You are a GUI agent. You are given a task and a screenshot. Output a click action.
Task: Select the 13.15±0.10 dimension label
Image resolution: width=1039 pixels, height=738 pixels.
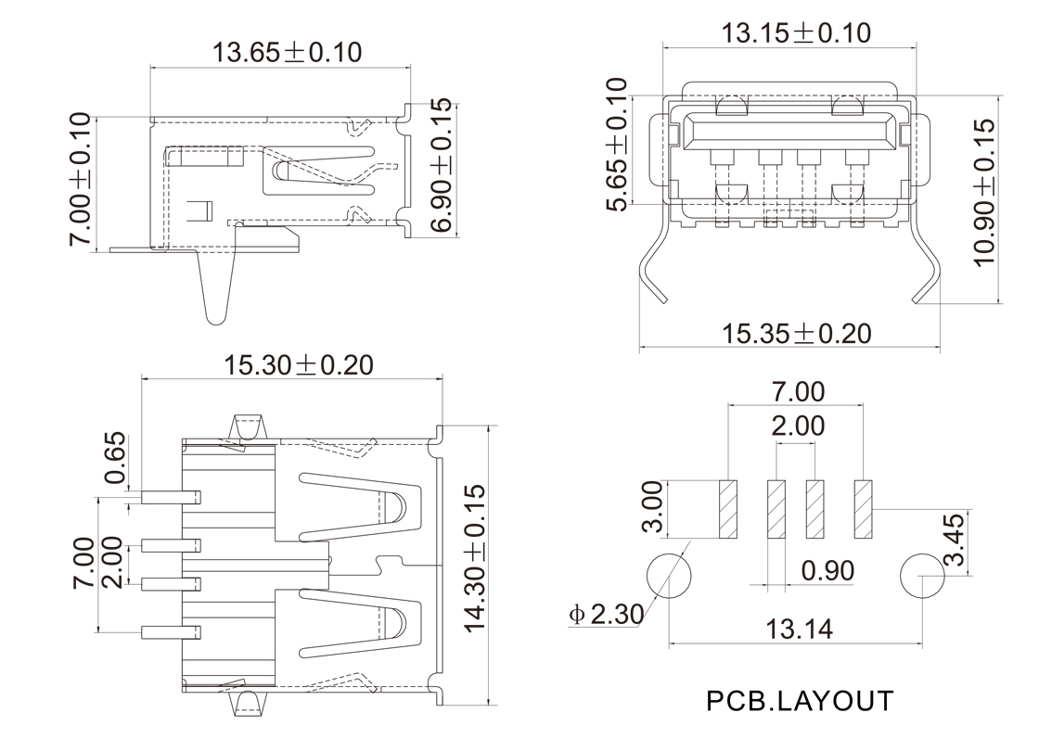[x=796, y=33]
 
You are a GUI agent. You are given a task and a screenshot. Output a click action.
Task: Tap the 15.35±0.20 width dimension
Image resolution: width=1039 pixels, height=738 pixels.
[x=796, y=333]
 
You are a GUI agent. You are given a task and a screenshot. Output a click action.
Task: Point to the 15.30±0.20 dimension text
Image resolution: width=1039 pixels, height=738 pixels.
[x=299, y=364]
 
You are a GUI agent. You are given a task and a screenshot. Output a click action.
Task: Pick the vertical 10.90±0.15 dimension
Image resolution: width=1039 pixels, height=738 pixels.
[x=984, y=192]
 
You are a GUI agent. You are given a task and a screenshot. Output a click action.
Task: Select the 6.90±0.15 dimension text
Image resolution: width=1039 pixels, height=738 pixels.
[x=443, y=166]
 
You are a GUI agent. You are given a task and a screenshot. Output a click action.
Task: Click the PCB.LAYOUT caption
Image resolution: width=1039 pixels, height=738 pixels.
[x=800, y=700]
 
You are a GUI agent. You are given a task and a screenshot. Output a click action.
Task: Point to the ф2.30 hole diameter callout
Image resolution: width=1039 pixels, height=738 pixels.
[x=604, y=614]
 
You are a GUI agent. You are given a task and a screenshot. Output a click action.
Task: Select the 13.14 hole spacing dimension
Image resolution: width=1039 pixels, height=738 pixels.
[x=799, y=630]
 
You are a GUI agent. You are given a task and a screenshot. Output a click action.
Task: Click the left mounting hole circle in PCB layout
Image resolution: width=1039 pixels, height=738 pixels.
[x=669, y=576]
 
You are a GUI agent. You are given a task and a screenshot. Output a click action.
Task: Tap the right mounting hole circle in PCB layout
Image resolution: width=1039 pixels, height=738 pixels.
[x=923, y=576]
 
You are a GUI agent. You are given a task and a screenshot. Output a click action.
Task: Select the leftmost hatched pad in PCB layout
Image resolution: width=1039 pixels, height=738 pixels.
[x=727, y=510]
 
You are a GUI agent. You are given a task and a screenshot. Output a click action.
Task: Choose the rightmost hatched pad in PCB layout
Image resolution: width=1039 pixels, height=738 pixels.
[x=864, y=510]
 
